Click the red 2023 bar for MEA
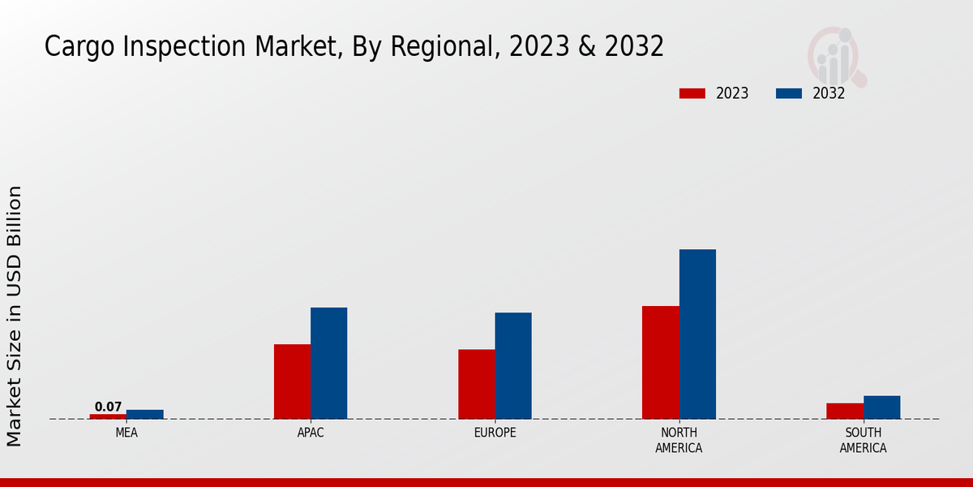108,416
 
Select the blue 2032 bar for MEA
144,414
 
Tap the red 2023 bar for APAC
292,381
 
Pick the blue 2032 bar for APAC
328,363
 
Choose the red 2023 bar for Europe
476,384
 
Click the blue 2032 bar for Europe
513,365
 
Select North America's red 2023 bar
660,362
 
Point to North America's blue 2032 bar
697,334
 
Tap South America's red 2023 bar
845,411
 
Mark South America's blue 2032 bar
881,407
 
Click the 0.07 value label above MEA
108,407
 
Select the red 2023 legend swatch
692,93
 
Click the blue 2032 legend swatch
788,93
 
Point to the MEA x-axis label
126,433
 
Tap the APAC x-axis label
311,433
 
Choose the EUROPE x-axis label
495,433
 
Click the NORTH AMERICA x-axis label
679,440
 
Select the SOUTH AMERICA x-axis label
863,440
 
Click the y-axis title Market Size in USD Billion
15,316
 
